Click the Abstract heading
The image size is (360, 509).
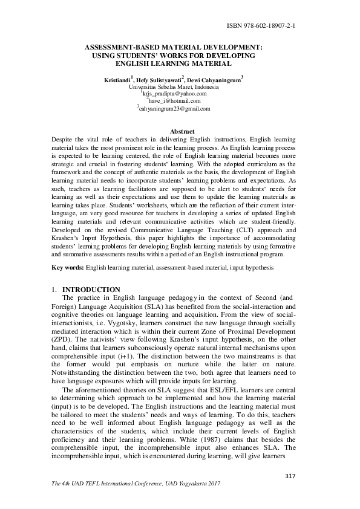pos(182,132)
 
